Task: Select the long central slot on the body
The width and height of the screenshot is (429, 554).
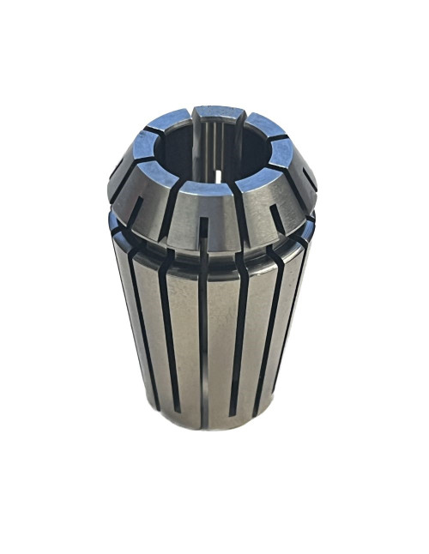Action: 203,343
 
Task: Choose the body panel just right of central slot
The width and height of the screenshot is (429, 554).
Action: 225,343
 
